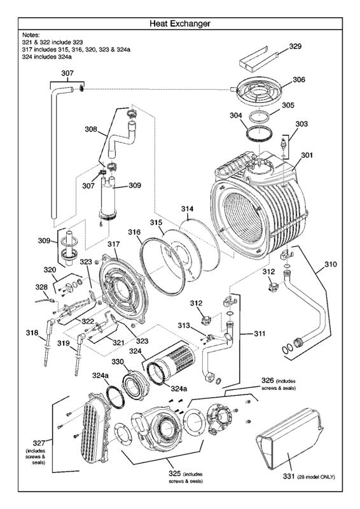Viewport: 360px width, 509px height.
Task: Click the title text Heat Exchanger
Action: coord(180,24)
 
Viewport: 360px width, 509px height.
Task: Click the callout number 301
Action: coord(307,155)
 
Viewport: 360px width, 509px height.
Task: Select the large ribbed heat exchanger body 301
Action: coord(254,210)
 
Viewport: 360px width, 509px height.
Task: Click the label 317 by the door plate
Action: coord(113,244)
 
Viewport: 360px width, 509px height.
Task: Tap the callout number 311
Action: coord(260,333)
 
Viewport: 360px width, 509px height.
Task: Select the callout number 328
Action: coord(41,288)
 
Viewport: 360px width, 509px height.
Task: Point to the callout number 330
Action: coord(117,361)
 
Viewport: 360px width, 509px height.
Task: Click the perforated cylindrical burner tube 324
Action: coord(170,373)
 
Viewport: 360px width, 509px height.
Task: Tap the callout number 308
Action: coord(91,129)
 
